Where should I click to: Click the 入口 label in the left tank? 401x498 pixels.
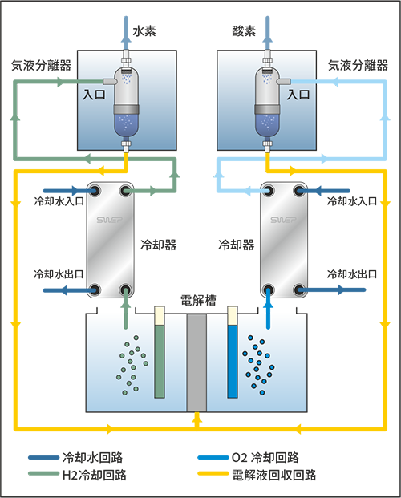click(93, 94)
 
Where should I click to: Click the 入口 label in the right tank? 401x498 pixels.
click(298, 94)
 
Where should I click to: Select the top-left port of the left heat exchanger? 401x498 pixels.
click(94, 191)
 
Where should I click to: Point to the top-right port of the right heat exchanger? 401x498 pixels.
click(300, 191)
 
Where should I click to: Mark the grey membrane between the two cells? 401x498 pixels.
click(196, 361)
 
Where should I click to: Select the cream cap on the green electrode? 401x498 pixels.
click(159, 315)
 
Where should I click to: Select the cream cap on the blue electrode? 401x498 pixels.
click(233, 315)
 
